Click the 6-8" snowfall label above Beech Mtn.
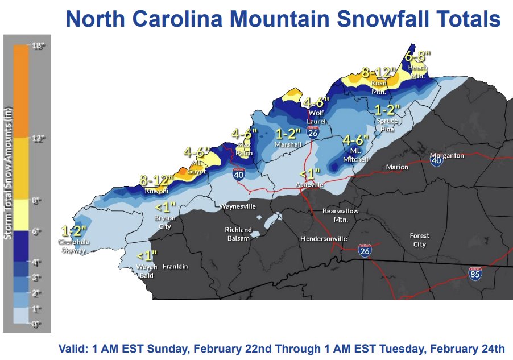[x=418, y=56]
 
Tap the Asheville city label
[x=309, y=185]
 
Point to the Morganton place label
[x=447, y=155]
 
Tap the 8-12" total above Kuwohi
[x=156, y=180]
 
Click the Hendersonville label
[x=323, y=239]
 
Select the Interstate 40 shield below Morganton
[x=437, y=161]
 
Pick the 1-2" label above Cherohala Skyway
[x=74, y=231]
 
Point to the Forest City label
[x=420, y=240]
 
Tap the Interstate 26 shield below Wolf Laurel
[x=312, y=133]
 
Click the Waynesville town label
[x=238, y=206]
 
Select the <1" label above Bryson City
[x=166, y=207]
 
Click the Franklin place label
[x=175, y=266]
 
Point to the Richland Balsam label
[x=238, y=234]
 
